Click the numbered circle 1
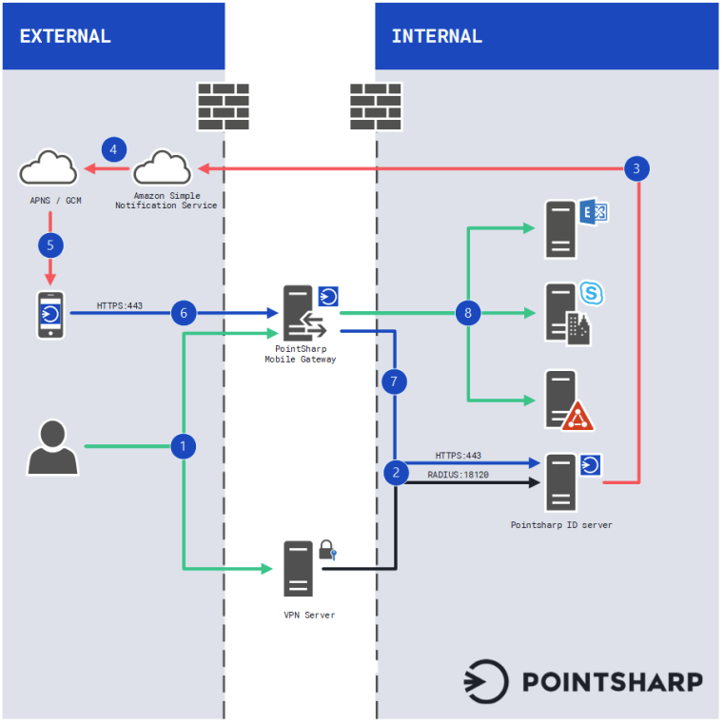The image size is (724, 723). click(184, 445)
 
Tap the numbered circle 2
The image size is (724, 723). click(396, 471)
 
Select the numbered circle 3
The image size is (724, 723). click(637, 169)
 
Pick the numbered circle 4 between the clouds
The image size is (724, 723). click(114, 149)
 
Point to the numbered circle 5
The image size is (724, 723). click(50, 244)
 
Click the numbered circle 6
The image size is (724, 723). click(184, 312)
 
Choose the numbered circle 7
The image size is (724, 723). click(395, 381)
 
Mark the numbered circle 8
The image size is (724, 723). click(467, 312)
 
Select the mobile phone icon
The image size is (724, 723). click(50, 314)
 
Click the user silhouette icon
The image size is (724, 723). click(52, 447)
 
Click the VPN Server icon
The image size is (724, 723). click(299, 568)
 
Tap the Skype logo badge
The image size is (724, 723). click(592, 294)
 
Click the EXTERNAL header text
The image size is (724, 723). click(66, 37)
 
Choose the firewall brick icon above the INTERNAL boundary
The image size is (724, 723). click(376, 106)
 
